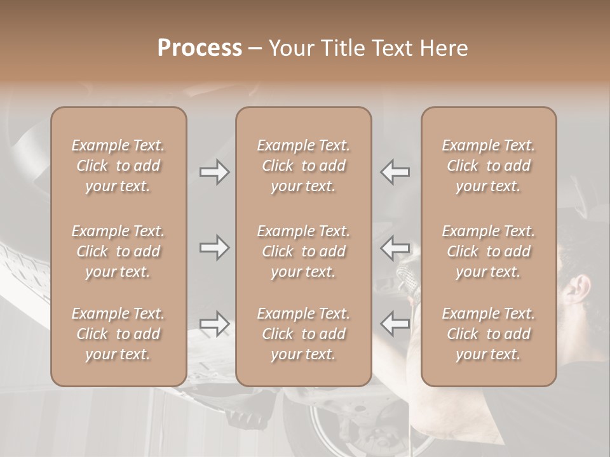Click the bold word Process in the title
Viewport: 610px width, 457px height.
(x=200, y=48)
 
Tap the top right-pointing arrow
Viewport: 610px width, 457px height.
(x=214, y=172)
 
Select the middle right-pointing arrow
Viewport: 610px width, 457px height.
(x=214, y=247)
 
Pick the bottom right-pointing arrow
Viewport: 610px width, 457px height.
(x=214, y=324)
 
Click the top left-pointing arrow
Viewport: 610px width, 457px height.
(x=395, y=172)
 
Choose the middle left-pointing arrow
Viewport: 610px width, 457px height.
(x=395, y=247)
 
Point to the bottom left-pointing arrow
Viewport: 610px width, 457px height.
(x=395, y=324)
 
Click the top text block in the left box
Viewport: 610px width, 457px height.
(x=118, y=166)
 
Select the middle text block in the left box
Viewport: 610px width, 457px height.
(x=118, y=251)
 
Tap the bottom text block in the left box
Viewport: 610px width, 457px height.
(x=118, y=334)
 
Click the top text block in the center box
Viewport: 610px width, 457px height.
(x=303, y=166)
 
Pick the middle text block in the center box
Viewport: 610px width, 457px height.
(x=303, y=251)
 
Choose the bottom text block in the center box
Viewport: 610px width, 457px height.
(x=303, y=334)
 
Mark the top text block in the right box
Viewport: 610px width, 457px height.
(x=488, y=166)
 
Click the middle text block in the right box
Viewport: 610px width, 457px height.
(x=488, y=251)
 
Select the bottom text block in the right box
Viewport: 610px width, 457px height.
(x=488, y=334)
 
